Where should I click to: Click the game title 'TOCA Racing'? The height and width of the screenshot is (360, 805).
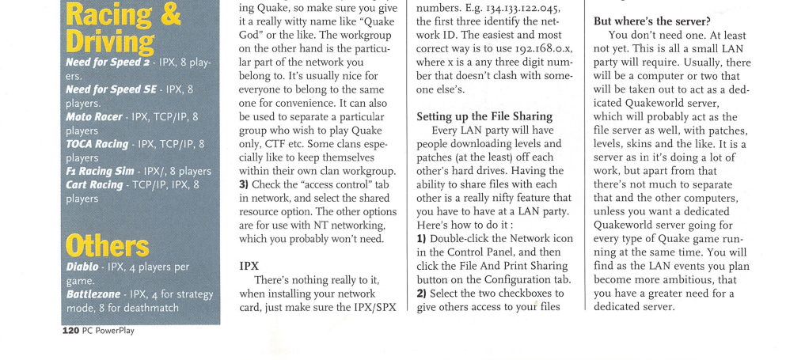tap(97, 144)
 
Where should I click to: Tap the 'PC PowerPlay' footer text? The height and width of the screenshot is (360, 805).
tap(108, 331)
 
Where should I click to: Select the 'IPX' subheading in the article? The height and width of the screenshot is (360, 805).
tap(249, 266)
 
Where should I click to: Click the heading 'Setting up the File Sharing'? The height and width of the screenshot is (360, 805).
tap(491, 116)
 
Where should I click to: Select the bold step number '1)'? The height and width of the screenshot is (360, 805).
tap(422, 239)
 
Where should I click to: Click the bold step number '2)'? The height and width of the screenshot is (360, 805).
tap(422, 294)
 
